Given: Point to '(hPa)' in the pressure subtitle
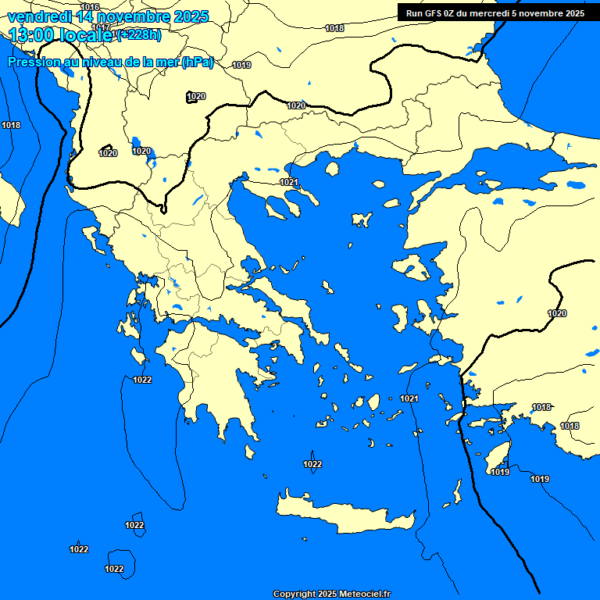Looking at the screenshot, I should [198, 63].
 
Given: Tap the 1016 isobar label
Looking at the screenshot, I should [91, 7].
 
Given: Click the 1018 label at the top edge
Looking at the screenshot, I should [334, 28].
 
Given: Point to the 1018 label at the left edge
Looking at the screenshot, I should [11, 125].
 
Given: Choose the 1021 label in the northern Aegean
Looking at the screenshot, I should [290, 182].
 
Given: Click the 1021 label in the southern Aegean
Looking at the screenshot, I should [409, 398].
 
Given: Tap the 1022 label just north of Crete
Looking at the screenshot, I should [312, 464].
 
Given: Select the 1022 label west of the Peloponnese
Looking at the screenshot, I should [143, 380].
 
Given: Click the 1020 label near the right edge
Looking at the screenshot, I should [557, 313].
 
